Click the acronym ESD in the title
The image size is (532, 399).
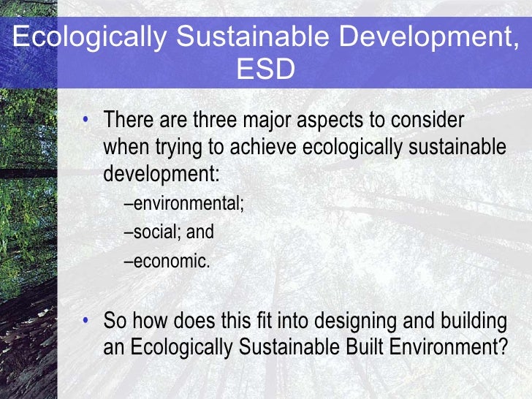[266, 71]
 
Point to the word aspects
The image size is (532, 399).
[338, 120]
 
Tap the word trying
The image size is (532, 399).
[178, 148]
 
